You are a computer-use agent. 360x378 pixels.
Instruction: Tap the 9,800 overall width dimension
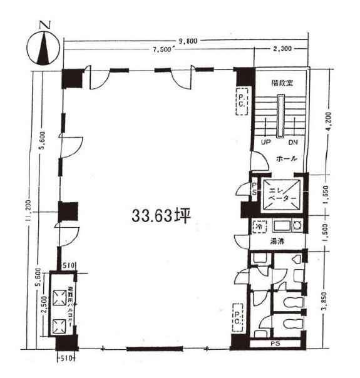pyautogui.click(x=187, y=41)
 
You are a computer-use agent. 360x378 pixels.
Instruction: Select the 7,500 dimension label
pyautogui.click(x=160, y=51)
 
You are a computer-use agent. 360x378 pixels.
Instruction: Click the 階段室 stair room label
pyautogui.click(x=282, y=82)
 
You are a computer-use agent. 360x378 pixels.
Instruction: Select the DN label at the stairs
pyautogui.click(x=293, y=142)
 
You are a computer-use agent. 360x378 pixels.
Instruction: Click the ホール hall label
pyautogui.click(x=285, y=158)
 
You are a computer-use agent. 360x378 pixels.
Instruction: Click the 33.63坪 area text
pyautogui.click(x=161, y=215)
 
